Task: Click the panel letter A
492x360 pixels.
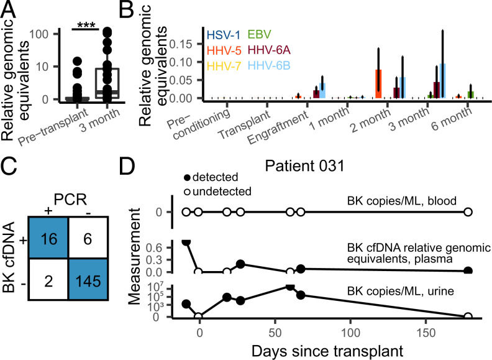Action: (x=9, y=9)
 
